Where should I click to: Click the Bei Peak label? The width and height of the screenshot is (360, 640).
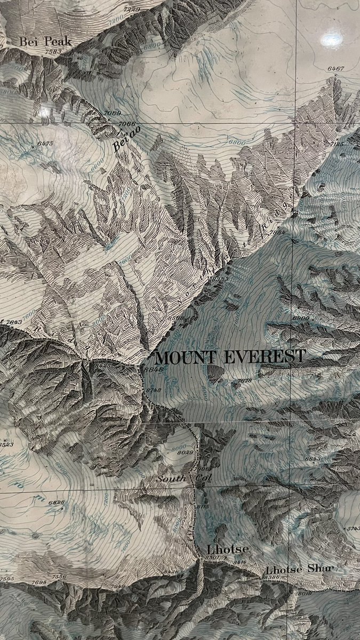pos(45,41)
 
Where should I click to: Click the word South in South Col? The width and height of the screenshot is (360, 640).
pos(171,479)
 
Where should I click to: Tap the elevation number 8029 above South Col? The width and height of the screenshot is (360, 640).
pos(185,453)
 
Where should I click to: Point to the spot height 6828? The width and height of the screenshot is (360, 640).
pos(55,502)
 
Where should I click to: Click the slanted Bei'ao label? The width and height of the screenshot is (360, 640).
pos(122,140)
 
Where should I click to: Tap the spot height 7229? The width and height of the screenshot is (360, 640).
pos(131,10)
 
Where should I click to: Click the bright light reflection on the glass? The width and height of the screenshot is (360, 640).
pos(332,39)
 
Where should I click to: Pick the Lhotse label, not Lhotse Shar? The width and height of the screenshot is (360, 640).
pos(220,549)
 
